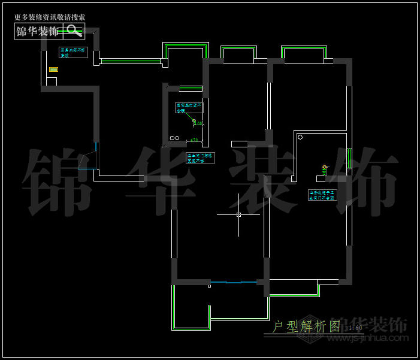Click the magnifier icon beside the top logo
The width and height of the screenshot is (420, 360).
(74, 31)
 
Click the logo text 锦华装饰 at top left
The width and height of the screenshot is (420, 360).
(38, 31)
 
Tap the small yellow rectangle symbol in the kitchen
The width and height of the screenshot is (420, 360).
(53, 69)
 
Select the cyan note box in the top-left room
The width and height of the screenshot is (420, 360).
(73, 52)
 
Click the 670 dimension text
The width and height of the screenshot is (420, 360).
(194, 140)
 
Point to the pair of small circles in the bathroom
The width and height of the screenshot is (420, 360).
(174, 138)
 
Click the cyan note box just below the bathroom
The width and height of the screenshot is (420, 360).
(197, 158)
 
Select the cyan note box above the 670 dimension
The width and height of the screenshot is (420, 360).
(189, 108)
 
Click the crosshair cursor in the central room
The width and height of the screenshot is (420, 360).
(238, 214)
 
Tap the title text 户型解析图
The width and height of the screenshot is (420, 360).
(306, 326)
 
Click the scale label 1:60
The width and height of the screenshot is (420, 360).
(354, 328)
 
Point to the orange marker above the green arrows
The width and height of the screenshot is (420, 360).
(325, 166)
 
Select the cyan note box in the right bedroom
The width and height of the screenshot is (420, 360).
(324, 194)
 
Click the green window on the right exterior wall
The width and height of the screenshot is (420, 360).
(349, 159)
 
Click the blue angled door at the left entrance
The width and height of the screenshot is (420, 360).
(90, 159)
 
